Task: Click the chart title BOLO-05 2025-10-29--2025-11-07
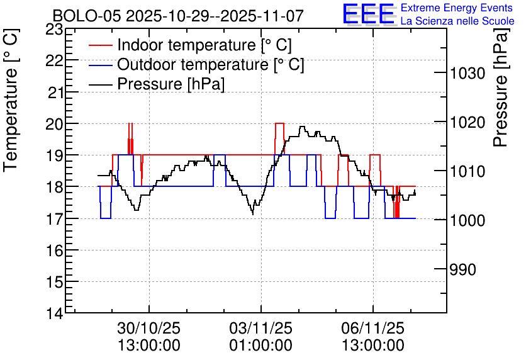178,16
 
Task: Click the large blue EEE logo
369,14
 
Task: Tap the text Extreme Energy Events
457,8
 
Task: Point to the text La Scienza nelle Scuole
457,21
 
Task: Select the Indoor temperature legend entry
190,45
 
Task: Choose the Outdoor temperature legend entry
196,64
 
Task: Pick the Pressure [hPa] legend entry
157,84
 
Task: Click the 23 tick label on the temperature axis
54,30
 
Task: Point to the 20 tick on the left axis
54,124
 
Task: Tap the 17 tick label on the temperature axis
54,219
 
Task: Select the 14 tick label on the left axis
54,313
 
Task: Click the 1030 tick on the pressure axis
467,73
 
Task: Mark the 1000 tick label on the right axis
467,220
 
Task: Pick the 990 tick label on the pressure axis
463,269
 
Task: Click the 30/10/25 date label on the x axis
149,328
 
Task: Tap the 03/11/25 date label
261,328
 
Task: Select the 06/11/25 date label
373,328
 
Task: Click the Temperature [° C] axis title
11,100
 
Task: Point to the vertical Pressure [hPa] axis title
501,87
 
